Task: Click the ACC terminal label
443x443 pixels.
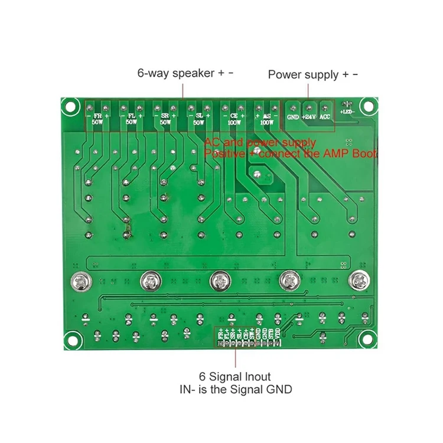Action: click(x=325, y=117)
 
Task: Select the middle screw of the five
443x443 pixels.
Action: click(x=219, y=280)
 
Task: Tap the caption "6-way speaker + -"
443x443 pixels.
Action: click(x=185, y=74)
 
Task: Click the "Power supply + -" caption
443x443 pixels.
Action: click(x=312, y=74)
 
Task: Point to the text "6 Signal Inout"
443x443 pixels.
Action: click(x=235, y=376)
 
